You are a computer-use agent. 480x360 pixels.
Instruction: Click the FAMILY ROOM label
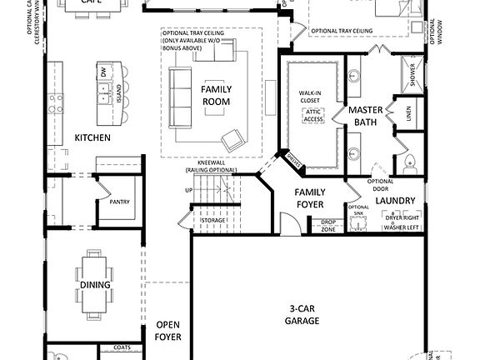[216, 95]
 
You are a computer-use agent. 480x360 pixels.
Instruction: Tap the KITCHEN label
[92, 137]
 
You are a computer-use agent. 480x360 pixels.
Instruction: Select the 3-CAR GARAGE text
[302, 314]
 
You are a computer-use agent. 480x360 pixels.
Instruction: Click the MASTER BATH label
[364, 116]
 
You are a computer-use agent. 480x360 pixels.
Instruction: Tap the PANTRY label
[120, 202]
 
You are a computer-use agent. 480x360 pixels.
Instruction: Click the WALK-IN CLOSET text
[310, 97]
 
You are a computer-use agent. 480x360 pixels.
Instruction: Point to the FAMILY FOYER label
[310, 197]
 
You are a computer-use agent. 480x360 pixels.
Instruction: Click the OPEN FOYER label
[167, 331]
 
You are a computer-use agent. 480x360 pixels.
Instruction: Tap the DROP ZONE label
[328, 225]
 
